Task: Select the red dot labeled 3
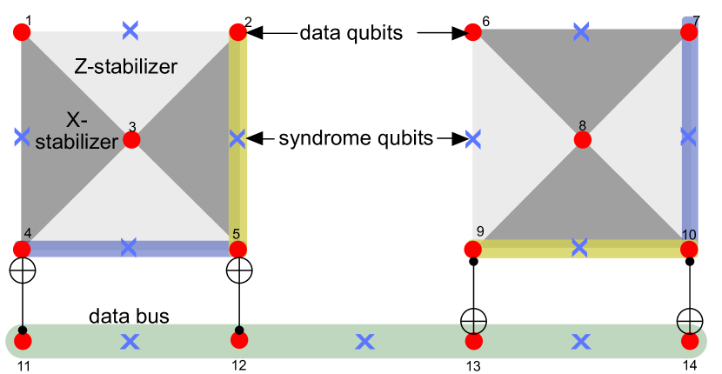pyautogui.click(x=131, y=139)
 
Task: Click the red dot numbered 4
pyautogui.click(x=22, y=250)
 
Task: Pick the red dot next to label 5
pyautogui.click(x=237, y=250)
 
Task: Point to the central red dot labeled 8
pyautogui.click(x=582, y=139)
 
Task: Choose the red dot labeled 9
pyautogui.click(x=472, y=250)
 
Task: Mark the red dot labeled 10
pyautogui.click(x=689, y=250)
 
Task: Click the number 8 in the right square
pyautogui.click(x=582, y=124)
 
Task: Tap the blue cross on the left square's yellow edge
pyautogui.click(x=237, y=138)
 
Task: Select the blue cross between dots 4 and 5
pyautogui.click(x=129, y=247)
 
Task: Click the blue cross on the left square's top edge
pyautogui.click(x=130, y=30)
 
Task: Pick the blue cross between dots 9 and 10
pyautogui.click(x=579, y=247)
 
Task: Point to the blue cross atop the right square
pyautogui.click(x=581, y=32)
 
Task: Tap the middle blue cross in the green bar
pyautogui.click(x=364, y=342)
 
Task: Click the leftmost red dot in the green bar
pyautogui.click(x=23, y=341)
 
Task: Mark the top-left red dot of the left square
pyautogui.click(x=22, y=33)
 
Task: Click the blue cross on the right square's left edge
pyautogui.click(x=473, y=138)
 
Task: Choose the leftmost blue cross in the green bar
pyautogui.click(x=130, y=342)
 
